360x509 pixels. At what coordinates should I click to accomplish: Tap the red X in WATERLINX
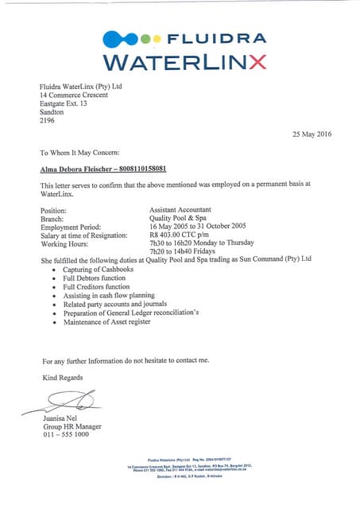pos(257,61)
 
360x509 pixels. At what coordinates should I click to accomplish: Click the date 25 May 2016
pos(316,134)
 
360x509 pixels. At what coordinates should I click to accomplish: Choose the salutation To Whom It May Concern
pos(79,151)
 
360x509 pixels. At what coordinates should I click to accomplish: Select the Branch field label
pos(53,219)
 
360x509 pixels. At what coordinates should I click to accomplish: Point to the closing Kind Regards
pos(62,377)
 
